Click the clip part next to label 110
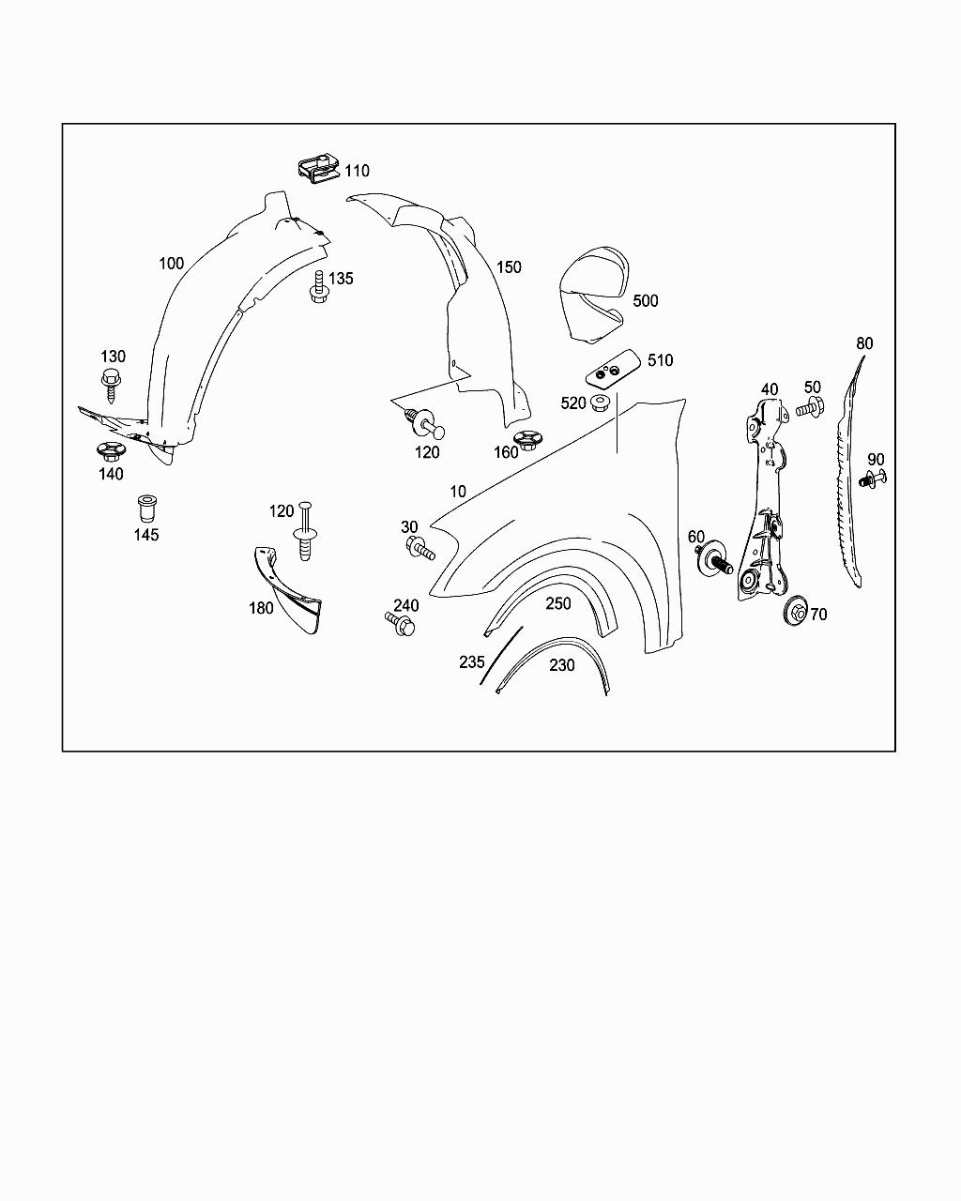318,167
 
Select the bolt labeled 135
319,286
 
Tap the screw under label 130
112,384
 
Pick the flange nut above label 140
111,451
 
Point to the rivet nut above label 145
146,508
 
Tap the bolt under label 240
400,624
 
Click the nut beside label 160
526,439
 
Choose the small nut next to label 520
601,403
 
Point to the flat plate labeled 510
612,369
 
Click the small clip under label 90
872,479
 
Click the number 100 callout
172,264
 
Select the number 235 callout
472,661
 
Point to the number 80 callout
864,343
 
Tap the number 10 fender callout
458,491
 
